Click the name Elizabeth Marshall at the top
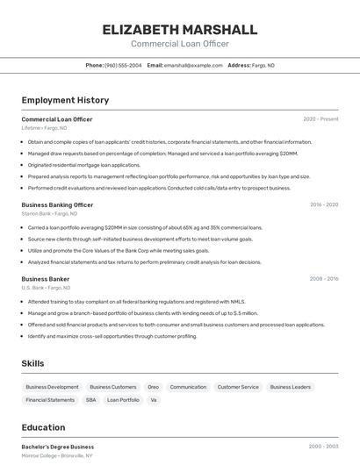pyautogui.click(x=180, y=29)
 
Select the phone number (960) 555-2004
pyautogui.click(x=124, y=65)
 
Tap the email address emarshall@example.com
pyautogui.click(x=193, y=65)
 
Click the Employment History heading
pyautogui.click(x=65, y=100)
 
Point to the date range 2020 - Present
pyautogui.click(x=320, y=119)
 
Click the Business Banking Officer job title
pyautogui.click(x=57, y=204)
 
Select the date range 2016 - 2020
pyautogui.click(x=324, y=204)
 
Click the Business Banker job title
pyautogui.click(x=46, y=279)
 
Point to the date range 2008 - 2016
pyautogui.click(x=324, y=279)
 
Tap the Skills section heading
pyautogui.click(x=33, y=363)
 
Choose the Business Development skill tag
pyautogui.click(x=52, y=387)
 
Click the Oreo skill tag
pyautogui.click(x=153, y=387)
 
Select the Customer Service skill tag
pyautogui.click(x=238, y=387)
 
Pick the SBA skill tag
pyautogui.click(x=90, y=400)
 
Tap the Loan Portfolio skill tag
pyautogui.click(x=123, y=400)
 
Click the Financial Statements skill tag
pyautogui.click(x=50, y=400)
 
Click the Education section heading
pyautogui.click(x=43, y=428)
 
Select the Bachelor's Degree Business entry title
pyautogui.click(x=58, y=447)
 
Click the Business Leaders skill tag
pyautogui.click(x=290, y=387)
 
